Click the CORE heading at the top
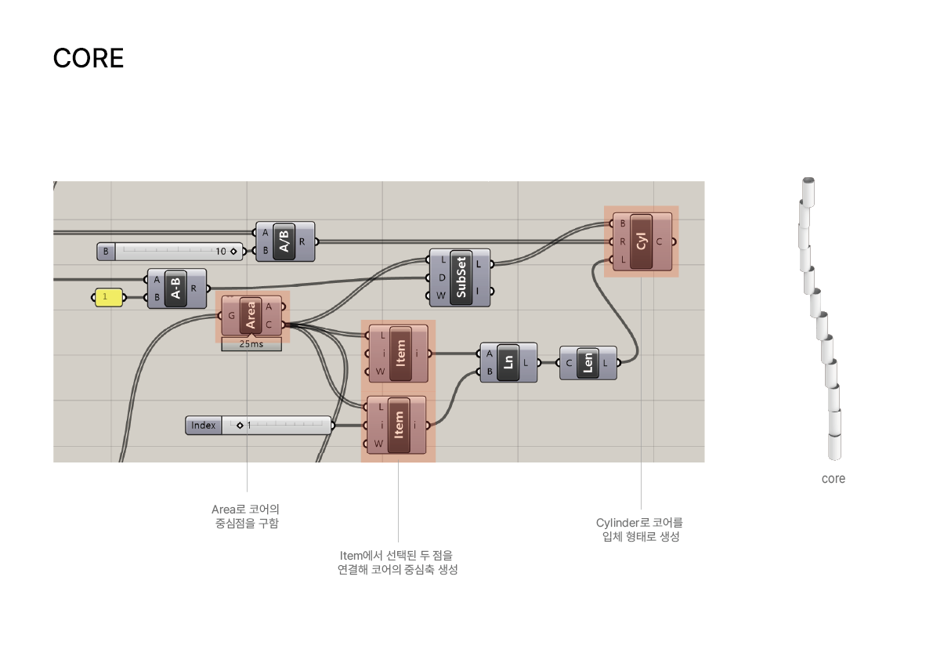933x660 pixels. coord(88,58)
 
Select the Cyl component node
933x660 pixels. coord(642,241)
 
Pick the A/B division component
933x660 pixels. coord(284,241)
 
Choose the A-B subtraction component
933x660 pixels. coord(176,288)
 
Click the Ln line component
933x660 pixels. coord(508,362)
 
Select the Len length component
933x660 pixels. coord(588,362)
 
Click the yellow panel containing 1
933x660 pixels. coord(108,297)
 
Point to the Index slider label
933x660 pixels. coord(203,425)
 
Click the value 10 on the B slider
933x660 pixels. coord(221,252)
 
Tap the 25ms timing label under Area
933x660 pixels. coord(251,344)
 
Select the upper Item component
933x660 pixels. coord(401,353)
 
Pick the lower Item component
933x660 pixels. coord(398,426)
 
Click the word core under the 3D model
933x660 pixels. coord(834,478)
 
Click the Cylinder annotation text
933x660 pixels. coord(639,529)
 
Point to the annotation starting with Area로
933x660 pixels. coord(246,516)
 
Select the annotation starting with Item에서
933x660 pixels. coord(397,562)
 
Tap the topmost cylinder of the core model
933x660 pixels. coord(809,190)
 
